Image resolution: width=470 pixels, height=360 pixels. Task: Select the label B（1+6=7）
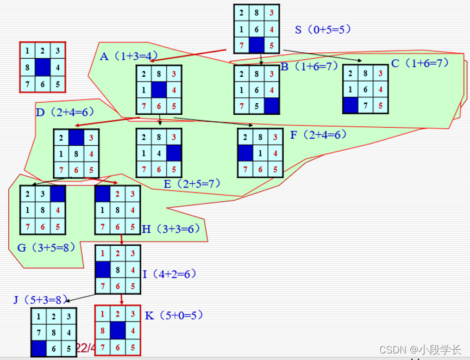point(309,67)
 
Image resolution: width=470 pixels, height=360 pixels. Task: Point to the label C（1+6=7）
point(420,63)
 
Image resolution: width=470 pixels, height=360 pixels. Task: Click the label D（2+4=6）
point(63,113)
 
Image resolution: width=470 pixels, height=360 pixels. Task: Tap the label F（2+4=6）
point(318,134)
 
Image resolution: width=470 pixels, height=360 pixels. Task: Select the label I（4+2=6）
point(170,274)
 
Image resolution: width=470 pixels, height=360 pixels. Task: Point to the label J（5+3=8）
point(41,299)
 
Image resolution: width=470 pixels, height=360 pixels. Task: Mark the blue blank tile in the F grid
point(246,153)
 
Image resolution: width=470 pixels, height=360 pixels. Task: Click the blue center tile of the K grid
point(118,330)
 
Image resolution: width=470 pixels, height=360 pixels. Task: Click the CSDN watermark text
point(420,350)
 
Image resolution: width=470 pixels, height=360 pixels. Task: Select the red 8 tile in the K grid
point(103,330)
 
